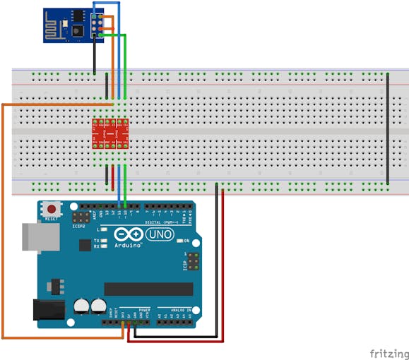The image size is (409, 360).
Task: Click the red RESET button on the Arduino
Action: click(x=52, y=209)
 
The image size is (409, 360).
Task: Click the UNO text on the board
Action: click(x=159, y=234)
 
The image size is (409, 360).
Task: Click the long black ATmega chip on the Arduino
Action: click(x=148, y=289)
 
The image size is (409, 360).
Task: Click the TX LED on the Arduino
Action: click(x=104, y=241)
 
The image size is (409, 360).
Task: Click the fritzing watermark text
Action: click(x=388, y=352)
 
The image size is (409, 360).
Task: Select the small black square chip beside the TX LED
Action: click(x=85, y=244)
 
